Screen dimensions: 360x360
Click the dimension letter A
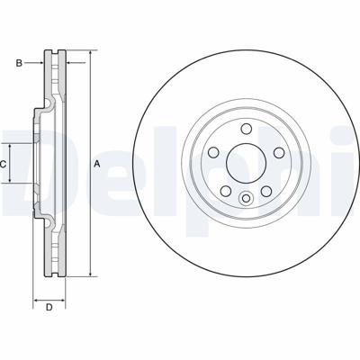(x=96, y=164)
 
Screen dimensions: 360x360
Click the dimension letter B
(x=19, y=63)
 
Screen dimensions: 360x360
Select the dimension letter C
(x=3, y=164)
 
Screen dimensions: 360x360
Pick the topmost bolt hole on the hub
(x=247, y=129)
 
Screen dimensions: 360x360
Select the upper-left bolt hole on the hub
(x=213, y=152)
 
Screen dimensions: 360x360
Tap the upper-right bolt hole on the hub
(x=279, y=152)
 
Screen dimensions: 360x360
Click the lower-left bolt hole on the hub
(x=226, y=191)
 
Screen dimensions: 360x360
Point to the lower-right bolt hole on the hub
(x=266, y=191)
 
